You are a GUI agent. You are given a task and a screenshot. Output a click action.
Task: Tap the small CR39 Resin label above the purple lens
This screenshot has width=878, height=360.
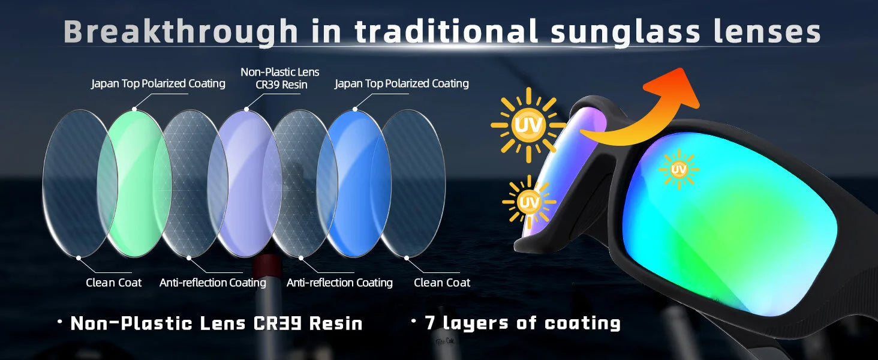(x=281, y=85)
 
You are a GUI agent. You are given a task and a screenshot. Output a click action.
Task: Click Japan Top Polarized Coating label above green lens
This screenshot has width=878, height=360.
(x=158, y=83)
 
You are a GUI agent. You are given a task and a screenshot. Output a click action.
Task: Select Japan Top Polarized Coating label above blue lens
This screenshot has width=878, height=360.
(x=401, y=83)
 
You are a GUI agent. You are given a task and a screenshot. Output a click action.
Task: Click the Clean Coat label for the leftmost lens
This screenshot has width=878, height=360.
(x=114, y=283)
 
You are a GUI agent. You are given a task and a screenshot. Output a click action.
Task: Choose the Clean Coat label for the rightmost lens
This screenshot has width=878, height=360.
(x=442, y=283)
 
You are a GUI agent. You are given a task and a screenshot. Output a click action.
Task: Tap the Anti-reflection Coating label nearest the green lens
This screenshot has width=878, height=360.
(x=213, y=283)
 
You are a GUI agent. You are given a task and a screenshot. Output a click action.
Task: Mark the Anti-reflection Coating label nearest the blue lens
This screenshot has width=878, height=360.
(x=339, y=283)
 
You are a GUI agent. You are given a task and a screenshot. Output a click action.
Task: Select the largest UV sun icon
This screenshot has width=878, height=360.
(x=528, y=125)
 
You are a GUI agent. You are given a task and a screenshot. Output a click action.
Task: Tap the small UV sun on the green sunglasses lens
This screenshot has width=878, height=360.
(x=678, y=170)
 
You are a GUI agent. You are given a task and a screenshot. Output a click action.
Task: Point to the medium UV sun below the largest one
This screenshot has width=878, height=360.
(x=528, y=202)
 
